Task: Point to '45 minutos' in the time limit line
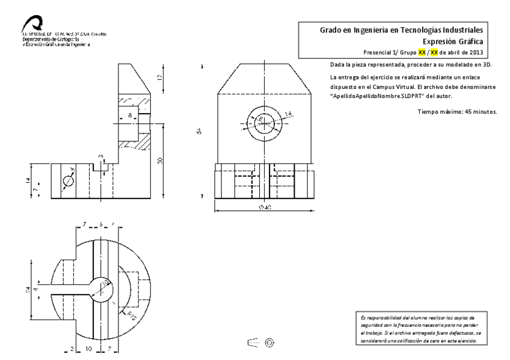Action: pyautogui.click(x=476, y=112)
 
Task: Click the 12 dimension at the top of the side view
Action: pyautogui.click(x=160, y=77)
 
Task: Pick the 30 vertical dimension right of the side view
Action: pyautogui.click(x=160, y=161)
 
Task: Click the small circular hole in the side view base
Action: pyautogui.click(x=68, y=180)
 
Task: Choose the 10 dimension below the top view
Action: pyautogui.click(x=88, y=349)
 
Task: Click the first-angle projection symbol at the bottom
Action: pyautogui.click(x=262, y=342)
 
